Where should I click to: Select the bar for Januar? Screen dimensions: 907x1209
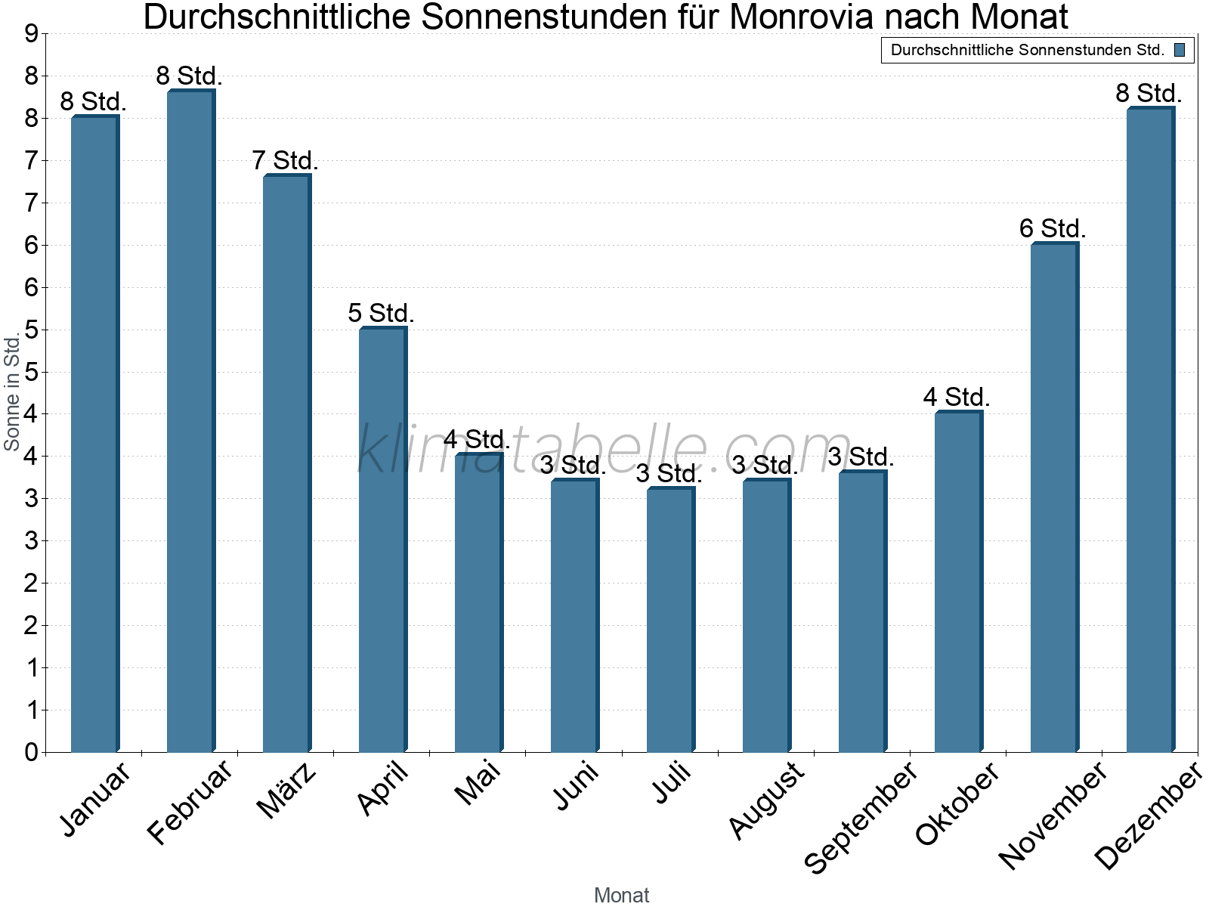click(x=94, y=435)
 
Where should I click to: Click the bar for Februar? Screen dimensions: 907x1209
click(x=190, y=421)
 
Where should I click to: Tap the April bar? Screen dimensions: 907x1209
click(x=382, y=540)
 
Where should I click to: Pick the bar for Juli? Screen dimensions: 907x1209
click(x=670, y=620)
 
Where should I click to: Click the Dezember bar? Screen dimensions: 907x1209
click(x=1150, y=431)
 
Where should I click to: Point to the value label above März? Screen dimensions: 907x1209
click(x=285, y=160)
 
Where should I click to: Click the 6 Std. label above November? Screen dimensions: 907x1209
click(x=1053, y=228)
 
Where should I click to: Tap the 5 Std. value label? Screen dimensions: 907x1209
click(x=381, y=313)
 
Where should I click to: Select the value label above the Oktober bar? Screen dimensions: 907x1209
click(x=957, y=397)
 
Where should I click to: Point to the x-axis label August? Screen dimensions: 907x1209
click(x=766, y=800)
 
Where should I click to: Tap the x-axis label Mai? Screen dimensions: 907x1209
click(x=478, y=783)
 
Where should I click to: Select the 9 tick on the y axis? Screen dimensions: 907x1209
click(x=31, y=34)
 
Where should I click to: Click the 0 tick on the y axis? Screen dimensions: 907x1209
click(x=31, y=752)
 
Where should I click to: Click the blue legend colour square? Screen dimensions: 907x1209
click(x=1180, y=51)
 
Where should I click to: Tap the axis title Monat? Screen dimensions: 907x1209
click(x=621, y=895)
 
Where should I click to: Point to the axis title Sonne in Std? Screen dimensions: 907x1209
click(x=12, y=393)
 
